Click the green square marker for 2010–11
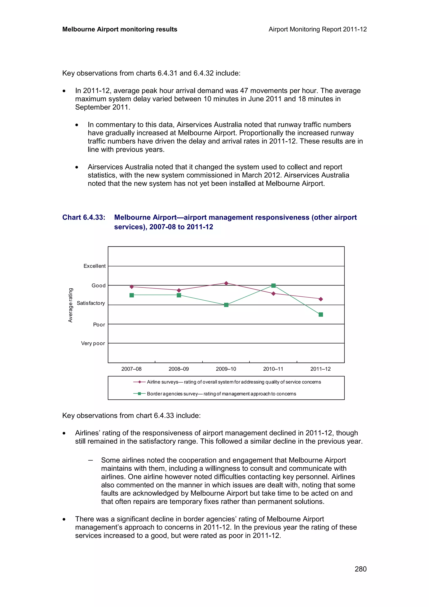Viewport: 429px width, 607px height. [273, 285]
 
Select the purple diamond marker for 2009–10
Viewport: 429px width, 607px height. [226, 283]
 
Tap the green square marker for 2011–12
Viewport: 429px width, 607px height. [321, 314]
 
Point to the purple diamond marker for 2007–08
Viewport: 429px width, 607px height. [132, 287]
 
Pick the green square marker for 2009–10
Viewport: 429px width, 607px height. [226, 305]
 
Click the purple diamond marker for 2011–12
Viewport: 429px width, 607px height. [321, 299]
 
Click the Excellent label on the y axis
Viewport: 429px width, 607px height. [94, 266]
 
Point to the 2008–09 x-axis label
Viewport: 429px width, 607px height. [179, 369]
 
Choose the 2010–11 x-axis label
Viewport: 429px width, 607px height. [273, 369]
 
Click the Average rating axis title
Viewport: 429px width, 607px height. [70, 305]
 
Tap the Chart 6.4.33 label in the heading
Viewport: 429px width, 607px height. [84, 217]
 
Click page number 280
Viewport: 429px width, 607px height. [360, 569]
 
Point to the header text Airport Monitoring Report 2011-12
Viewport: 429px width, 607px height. [317, 29]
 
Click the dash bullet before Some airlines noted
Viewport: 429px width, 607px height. [90, 460]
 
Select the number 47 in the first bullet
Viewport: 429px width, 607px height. [244, 91]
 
